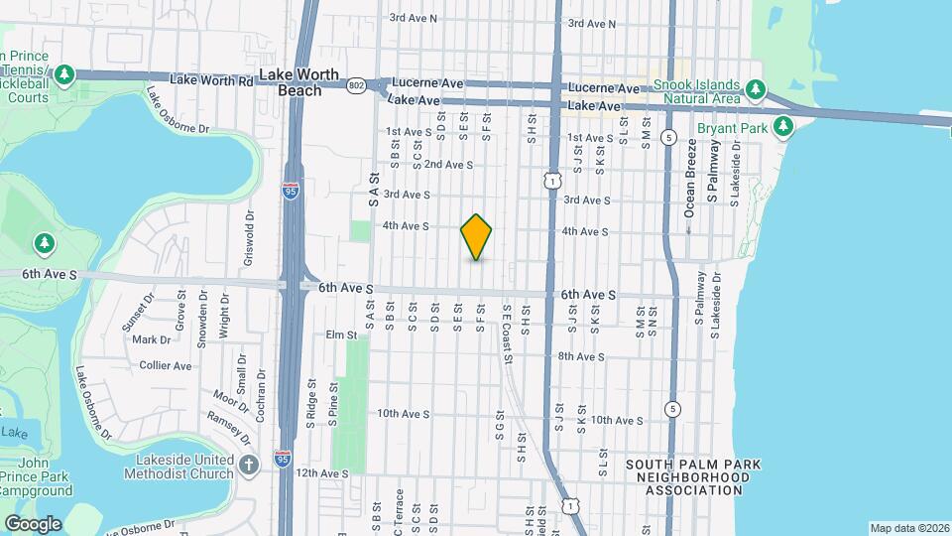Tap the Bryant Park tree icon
783,126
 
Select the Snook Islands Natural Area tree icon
756,90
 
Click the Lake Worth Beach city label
292,82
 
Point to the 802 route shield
356,87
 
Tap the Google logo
32,523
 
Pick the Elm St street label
341,335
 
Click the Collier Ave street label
165,365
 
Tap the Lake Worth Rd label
211,78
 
